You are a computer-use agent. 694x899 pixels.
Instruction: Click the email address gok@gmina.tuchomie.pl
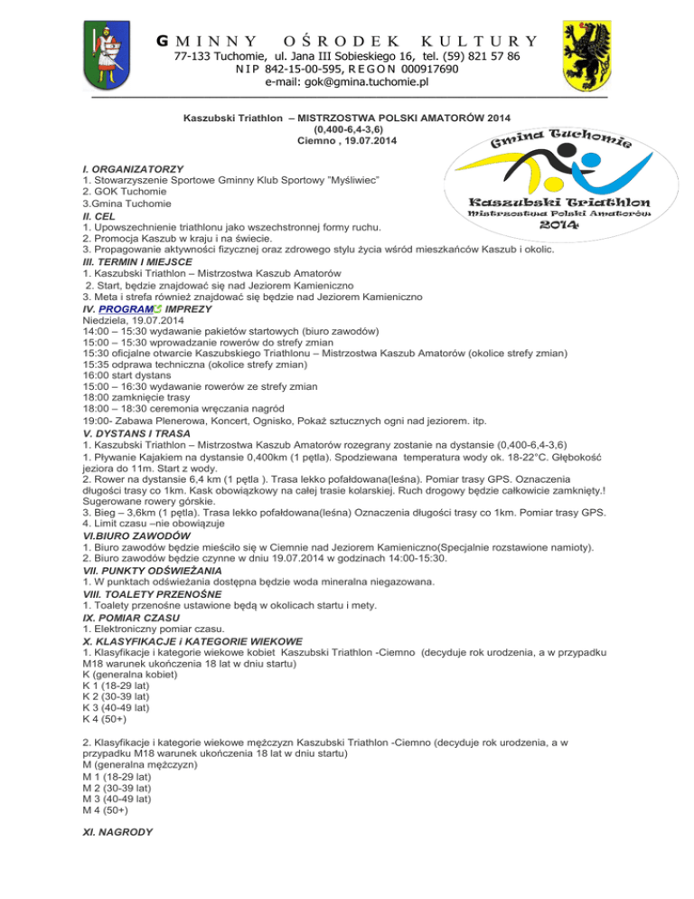(x=346, y=82)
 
